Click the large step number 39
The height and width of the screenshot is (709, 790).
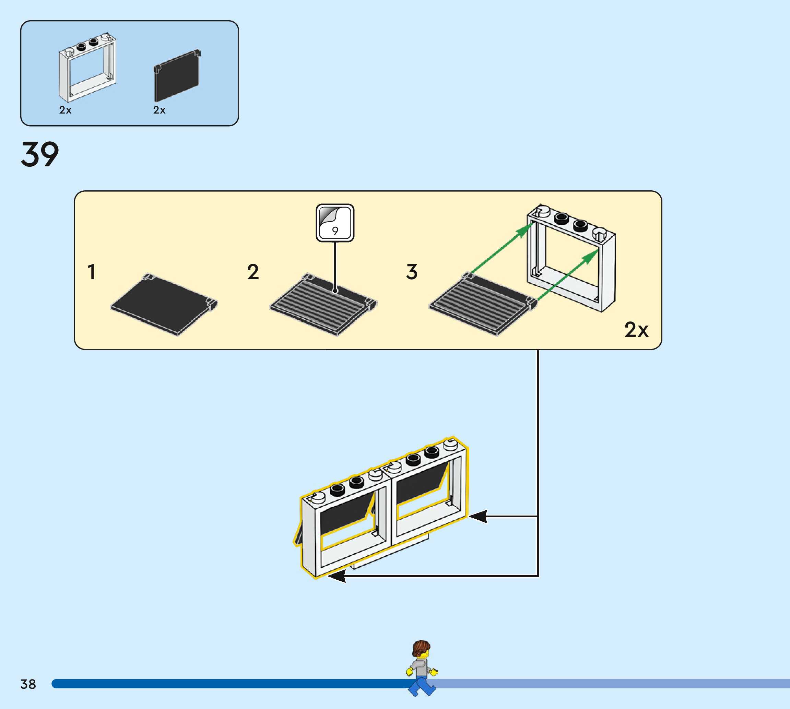40,155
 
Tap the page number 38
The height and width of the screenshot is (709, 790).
28,684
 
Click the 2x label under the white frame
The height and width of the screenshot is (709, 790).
65,110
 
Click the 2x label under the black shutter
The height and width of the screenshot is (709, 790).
159,110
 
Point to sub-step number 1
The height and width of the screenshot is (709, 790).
92,272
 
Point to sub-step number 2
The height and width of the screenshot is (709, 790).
253,272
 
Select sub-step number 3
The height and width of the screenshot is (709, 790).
412,272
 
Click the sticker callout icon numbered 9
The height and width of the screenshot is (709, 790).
335,223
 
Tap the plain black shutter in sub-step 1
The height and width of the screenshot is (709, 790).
164,304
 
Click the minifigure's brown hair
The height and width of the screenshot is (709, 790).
421,648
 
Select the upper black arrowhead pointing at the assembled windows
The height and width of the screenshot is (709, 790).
479,517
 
